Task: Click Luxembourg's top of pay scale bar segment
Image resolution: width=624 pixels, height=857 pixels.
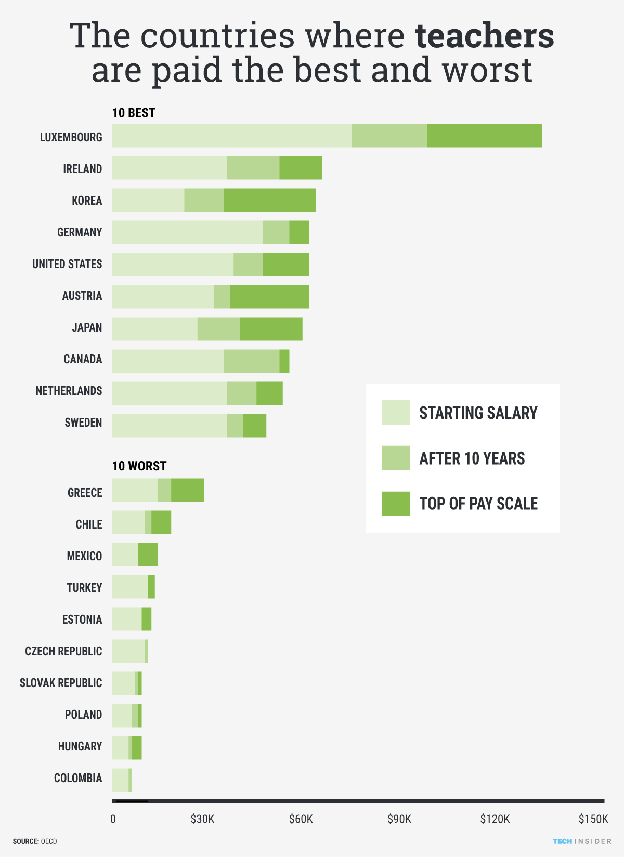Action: coord(484,136)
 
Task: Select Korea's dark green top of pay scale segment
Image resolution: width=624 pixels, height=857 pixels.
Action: coord(269,200)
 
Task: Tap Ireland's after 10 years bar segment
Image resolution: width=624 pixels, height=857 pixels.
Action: coord(253,168)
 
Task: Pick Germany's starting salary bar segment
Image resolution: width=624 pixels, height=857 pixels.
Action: coord(187,232)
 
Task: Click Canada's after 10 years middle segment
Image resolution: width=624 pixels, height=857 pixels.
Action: coord(251,361)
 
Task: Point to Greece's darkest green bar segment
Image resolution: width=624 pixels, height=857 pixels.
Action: coord(187,490)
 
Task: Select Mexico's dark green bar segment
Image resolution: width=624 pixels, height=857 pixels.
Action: coord(148,555)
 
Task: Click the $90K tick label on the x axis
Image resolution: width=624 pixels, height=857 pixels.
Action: coord(399,820)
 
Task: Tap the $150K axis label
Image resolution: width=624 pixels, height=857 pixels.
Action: coord(593,820)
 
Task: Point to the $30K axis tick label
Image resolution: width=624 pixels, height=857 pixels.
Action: coord(202,820)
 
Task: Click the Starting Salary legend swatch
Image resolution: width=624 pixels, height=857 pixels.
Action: coord(396,413)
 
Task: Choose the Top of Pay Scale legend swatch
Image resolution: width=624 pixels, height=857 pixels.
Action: coord(396,504)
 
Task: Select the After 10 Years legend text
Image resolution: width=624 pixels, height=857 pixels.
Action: coord(472,458)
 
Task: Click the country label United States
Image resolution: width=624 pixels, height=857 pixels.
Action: coord(67,264)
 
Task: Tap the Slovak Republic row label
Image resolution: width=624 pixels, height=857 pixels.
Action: coord(61,683)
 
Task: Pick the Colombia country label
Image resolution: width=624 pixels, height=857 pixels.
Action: coord(78,778)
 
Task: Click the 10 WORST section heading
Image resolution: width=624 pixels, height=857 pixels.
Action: coord(139,466)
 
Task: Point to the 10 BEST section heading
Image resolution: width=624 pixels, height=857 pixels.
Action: coord(134,113)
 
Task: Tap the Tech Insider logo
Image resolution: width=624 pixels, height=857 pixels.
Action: coord(582,841)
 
